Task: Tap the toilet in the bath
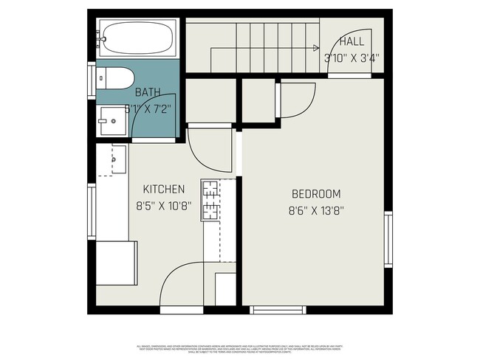pos(117,77)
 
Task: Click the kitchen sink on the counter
pos(117,158)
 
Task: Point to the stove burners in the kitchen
pos(210,200)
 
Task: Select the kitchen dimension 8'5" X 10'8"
pos(163,207)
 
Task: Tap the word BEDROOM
pos(316,194)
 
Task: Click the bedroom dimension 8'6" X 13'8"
pos(316,210)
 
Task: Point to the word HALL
pos(352,41)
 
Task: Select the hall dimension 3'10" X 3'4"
pos(352,58)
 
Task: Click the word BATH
pos(147,92)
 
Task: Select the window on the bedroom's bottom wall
pos(278,310)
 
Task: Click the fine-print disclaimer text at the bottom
pos(240,348)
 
